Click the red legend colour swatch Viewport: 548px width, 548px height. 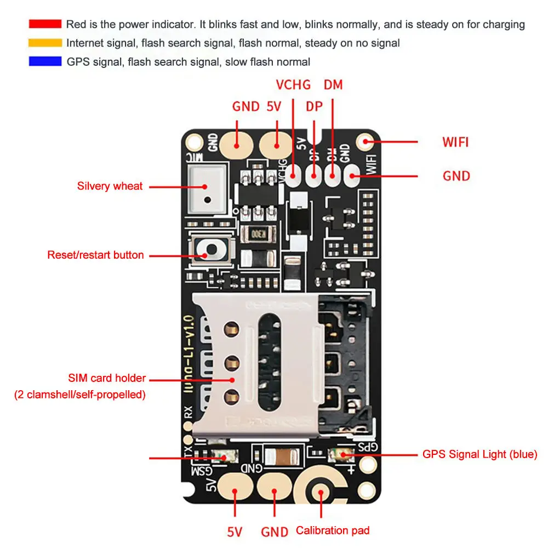point(45,24)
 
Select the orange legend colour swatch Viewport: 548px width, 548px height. point(45,43)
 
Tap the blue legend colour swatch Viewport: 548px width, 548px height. point(45,61)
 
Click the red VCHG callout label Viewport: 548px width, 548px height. point(293,85)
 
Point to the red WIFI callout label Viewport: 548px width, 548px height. point(455,142)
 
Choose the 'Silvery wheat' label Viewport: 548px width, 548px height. point(110,186)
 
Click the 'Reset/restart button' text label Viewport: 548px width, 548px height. point(95,255)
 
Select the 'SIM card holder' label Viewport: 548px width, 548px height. point(107,378)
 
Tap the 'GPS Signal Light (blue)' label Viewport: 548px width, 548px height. point(480,454)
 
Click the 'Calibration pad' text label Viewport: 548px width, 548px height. point(333,530)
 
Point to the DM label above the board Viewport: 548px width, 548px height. point(333,85)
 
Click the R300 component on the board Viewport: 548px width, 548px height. point(255,236)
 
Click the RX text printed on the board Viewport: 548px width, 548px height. point(188,412)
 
